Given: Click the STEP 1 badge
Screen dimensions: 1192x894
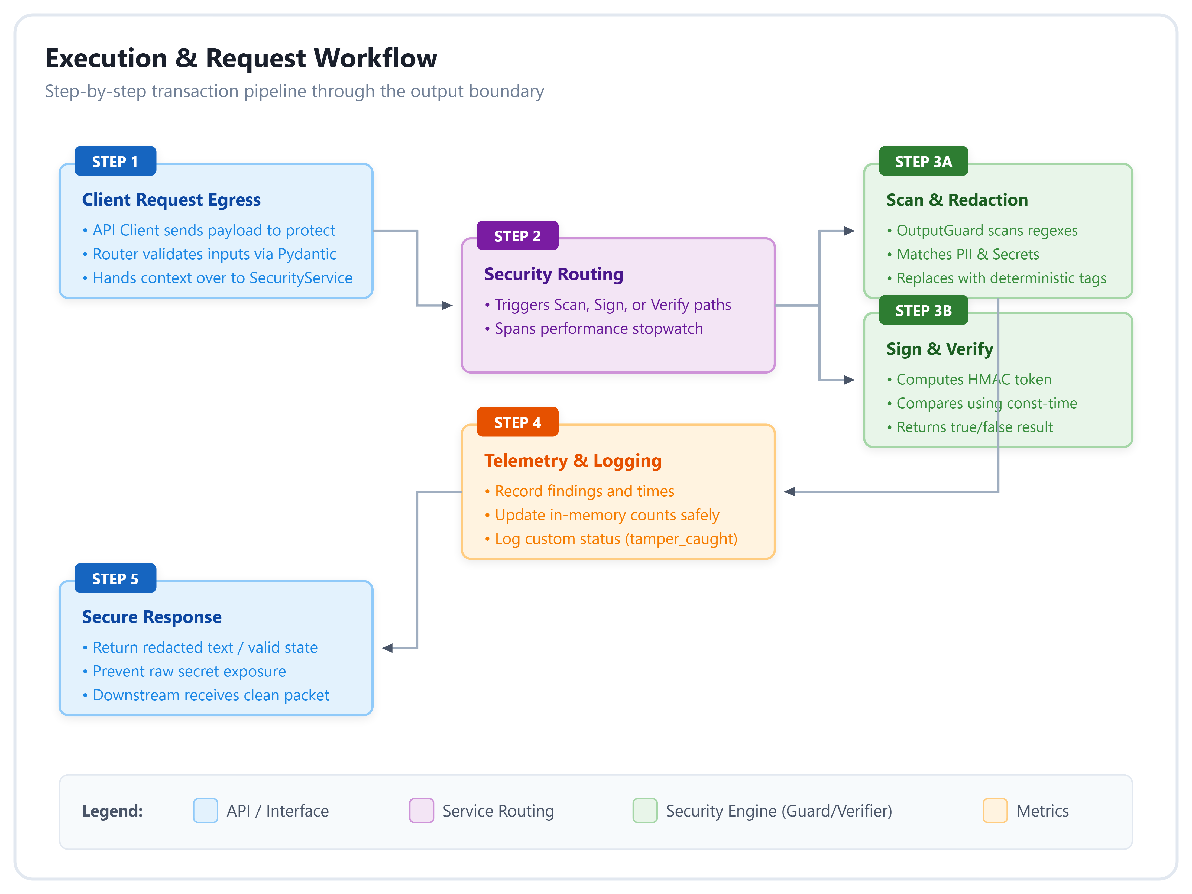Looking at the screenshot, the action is [115, 161].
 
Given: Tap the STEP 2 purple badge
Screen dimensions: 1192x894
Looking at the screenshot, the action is [517, 235].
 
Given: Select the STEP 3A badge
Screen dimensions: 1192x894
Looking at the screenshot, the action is [923, 161].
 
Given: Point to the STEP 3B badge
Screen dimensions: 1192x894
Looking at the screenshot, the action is [923, 310].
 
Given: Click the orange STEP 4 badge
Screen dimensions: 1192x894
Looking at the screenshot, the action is [517, 422].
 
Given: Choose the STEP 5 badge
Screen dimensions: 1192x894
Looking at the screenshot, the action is [115, 578].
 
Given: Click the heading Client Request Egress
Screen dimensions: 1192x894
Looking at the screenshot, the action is [171, 200].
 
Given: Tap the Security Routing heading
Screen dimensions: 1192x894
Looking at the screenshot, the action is [554, 274].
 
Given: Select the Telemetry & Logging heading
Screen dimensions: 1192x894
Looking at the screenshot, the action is [573, 461].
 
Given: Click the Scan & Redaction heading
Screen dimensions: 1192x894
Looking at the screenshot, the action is [957, 200].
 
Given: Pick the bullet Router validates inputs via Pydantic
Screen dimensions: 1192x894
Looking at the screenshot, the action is [210, 254].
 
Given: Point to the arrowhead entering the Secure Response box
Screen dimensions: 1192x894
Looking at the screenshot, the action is [387, 648].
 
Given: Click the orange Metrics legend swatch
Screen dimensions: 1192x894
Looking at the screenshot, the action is [995, 811].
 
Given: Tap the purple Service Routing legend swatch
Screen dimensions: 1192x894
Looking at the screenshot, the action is [422, 811].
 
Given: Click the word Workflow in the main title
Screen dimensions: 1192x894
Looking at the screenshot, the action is [375, 58].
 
